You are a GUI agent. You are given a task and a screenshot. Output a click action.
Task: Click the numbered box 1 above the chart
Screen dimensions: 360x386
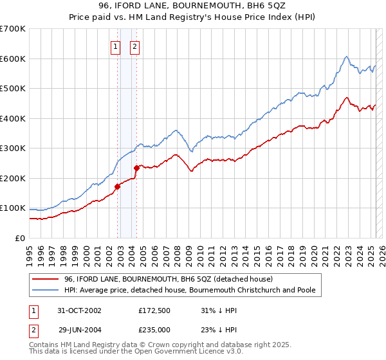coord(115,46)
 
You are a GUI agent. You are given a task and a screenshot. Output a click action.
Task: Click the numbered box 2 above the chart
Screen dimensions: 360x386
coord(135,46)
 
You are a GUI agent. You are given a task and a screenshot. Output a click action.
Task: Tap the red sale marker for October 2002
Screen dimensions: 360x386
coord(118,186)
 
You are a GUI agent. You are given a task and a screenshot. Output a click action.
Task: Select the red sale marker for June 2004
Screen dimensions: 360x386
coord(136,168)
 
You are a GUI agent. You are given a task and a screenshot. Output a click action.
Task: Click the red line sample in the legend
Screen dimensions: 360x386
coord(45,279)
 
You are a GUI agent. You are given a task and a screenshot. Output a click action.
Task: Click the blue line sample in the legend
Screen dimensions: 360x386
coord(45,290)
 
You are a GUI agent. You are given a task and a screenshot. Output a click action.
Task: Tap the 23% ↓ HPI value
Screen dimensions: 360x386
coord(217,330)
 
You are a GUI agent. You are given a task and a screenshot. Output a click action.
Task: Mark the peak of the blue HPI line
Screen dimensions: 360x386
coord(346,57)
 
